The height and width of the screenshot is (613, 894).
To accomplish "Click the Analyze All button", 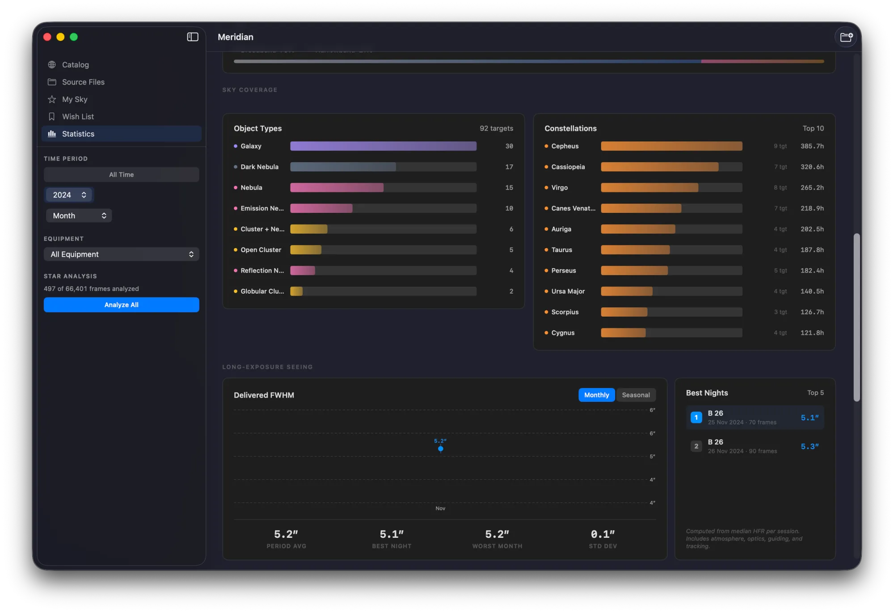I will pos(121,305).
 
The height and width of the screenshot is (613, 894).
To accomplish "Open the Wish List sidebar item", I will pos(78,117).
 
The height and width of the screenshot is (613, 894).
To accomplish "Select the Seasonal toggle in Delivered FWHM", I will pos(636,395).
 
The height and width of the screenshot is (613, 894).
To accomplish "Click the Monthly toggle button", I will pos(596,395).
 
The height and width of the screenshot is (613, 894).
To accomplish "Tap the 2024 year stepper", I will pos(69,195).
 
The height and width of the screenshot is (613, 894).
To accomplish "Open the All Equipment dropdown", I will pos(121,254).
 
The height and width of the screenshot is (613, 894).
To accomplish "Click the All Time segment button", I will pos(121,175).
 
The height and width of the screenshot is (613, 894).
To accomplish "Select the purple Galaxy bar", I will pos(383,146).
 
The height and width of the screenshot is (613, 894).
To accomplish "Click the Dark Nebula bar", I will pos(343,167).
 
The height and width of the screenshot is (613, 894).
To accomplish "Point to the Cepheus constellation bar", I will pos(671,146).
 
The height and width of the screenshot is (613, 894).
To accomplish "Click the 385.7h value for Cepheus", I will pos(812,146).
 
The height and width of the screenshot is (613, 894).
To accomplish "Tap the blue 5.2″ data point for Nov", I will pos(441,448).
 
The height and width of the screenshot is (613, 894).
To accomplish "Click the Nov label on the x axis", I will pos(440,508).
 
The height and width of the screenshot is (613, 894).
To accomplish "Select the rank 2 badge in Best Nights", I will pos(696,446).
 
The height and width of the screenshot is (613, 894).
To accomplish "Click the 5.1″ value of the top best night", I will pos(810,418).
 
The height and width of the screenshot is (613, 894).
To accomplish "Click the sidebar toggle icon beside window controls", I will pos(193,37).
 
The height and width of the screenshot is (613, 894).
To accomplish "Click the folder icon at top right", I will pos(846,37).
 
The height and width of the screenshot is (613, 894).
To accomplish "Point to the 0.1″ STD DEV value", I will pos(603,534).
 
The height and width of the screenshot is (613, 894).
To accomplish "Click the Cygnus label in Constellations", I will pos(563,333).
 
